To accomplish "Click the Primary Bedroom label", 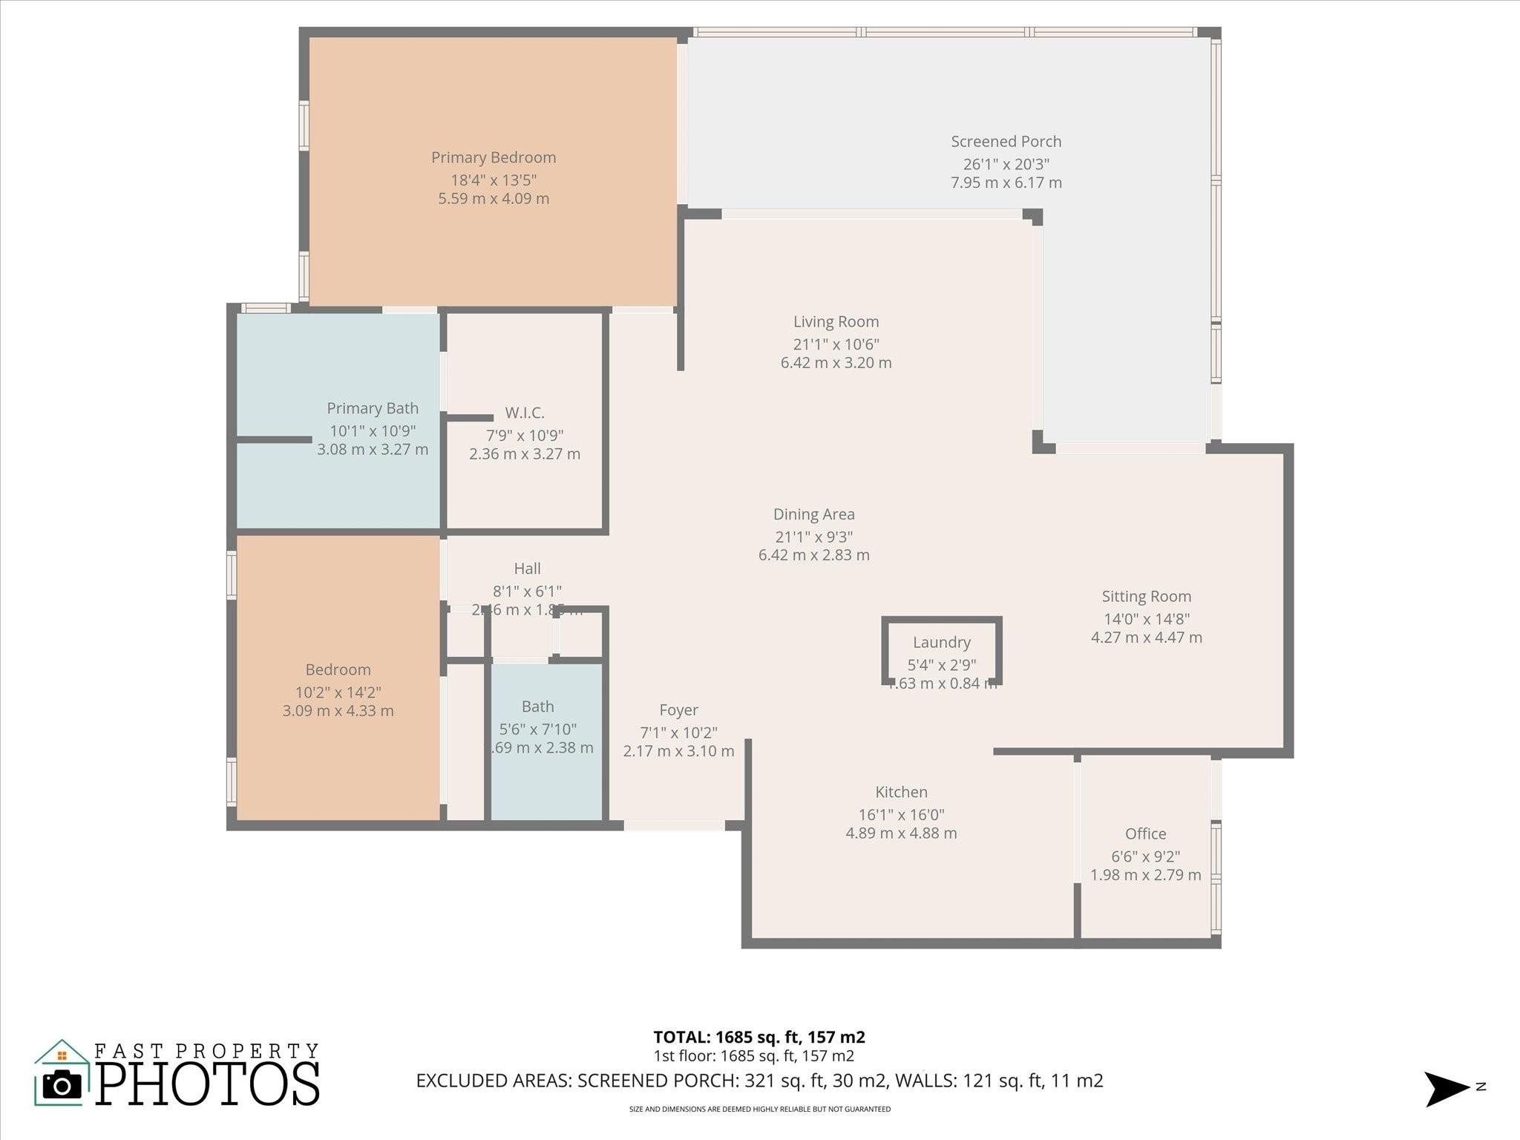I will coord(494,157).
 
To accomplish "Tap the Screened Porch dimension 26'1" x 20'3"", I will coord(1006,164).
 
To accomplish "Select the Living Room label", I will coord(836,321).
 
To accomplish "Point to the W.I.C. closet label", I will coord(525,413).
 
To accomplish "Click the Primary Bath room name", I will coord(373,408).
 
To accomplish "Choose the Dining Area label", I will coord(813,514).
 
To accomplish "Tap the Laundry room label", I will coord(941,642).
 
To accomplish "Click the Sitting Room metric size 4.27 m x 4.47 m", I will coord(1146,637).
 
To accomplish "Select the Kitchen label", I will coord(901,792).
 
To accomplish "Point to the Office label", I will coord(1145,833).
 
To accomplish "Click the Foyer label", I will coord(678,710).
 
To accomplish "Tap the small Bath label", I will coord(537,707).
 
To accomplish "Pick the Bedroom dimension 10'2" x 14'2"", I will coord(338,692).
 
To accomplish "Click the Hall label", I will coord(527,569).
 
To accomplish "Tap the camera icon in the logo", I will coord(62,1086).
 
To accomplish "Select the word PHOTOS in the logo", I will coord(208,1085).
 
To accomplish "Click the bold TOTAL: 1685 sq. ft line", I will coord(759,1037).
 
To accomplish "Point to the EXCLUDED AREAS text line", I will coord(759,1080).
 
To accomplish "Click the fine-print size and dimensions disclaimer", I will coord(759,1110).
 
